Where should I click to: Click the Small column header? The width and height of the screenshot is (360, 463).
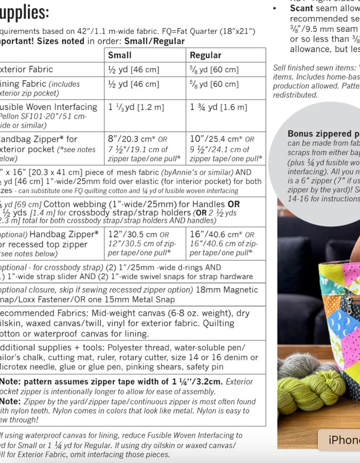pos(120,55)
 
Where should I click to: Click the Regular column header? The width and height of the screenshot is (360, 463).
pos(205,55)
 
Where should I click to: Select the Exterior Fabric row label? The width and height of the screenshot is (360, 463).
pos(26,69)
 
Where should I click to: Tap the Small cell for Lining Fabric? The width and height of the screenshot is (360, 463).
pos(133,84)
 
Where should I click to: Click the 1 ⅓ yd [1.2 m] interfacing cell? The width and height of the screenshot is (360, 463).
pos(136,107)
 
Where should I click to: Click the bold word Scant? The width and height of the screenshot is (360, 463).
pos(301,8)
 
